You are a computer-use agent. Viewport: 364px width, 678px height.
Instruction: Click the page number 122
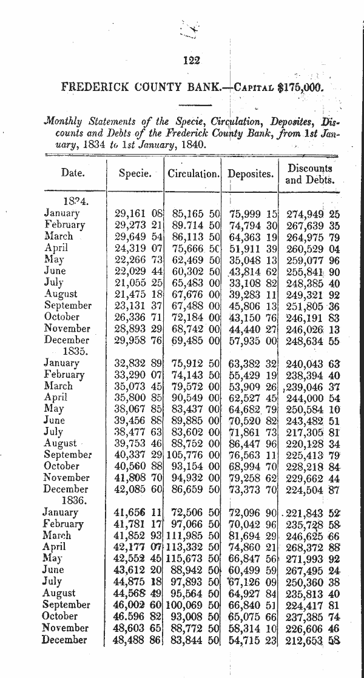tap(192, 60)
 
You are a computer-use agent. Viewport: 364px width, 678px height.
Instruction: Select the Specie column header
tap(135, 174)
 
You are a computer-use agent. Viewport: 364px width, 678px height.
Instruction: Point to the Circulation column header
tap(193, 174)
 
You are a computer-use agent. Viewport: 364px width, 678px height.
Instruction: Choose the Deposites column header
tap(250, 174)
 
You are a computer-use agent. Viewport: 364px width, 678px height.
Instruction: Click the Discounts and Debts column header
tap(309, 173)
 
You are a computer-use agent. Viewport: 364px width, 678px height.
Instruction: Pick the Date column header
tap(73, 173)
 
